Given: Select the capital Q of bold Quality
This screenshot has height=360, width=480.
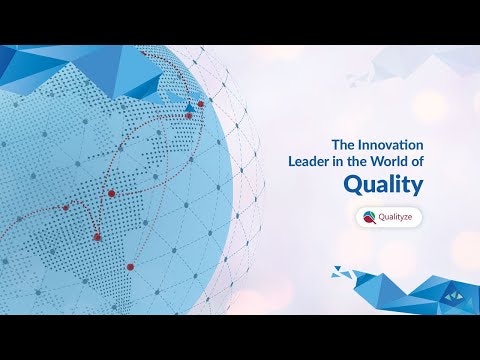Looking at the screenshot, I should [x=352, y=185].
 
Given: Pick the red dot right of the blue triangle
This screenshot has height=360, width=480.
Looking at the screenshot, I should [x=201, y=103].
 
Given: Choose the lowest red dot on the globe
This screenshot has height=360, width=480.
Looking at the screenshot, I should [x=130, y=266].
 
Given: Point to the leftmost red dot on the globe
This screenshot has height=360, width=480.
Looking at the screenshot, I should [x=66, y=208].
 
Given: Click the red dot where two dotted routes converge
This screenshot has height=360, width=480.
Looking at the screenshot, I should [x=112, y=192].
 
